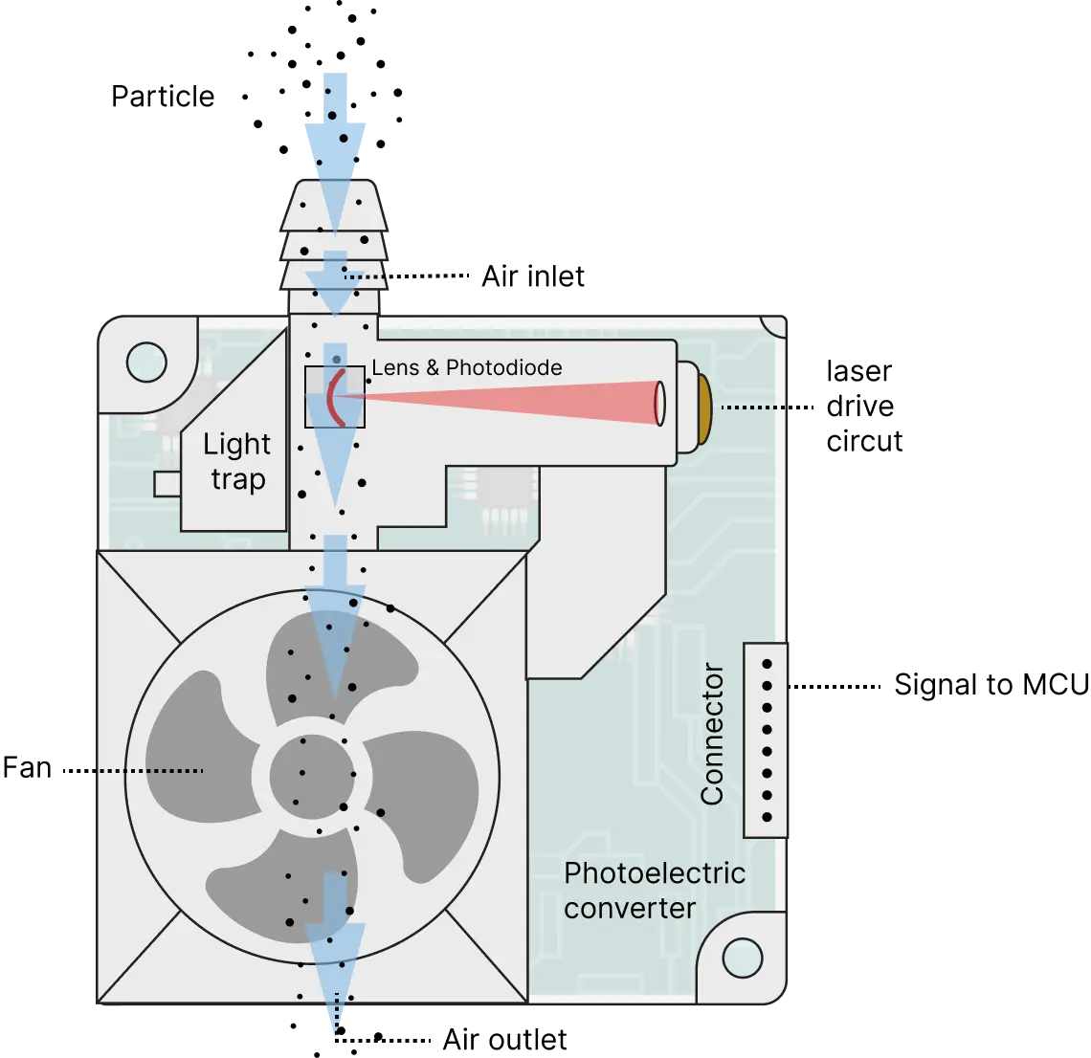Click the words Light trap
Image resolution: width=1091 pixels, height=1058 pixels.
236,461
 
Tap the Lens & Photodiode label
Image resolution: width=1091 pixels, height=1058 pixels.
467,367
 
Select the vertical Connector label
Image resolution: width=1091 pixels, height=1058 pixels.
712,734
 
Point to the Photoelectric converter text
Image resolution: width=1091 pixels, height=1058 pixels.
654,890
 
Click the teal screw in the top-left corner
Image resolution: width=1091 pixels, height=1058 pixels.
146,362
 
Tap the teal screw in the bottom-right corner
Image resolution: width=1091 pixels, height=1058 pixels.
742,958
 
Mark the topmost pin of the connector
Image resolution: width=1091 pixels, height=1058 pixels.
766,663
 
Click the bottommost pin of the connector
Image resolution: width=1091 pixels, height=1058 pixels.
766,817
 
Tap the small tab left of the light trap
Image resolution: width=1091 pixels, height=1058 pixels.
167,484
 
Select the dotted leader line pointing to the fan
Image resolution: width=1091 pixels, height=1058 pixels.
148,770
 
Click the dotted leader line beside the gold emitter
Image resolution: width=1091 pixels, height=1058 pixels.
752,408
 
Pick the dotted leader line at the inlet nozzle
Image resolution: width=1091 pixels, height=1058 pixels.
365,277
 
